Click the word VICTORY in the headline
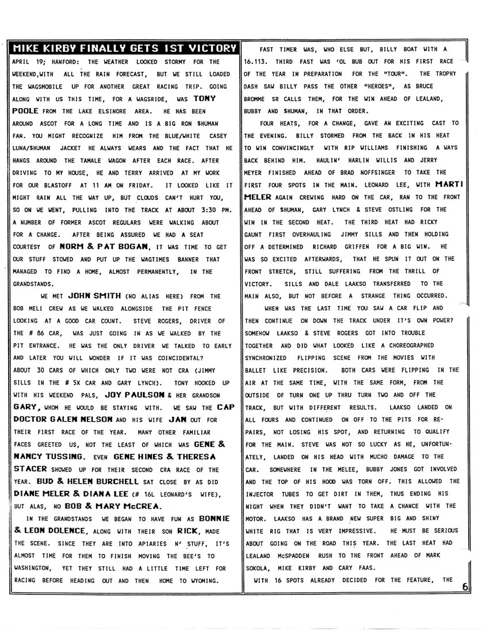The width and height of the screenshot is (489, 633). [x=209, y=48]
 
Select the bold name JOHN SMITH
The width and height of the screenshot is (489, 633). [x=94, y=296]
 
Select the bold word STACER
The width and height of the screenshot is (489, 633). [x=29, y=469]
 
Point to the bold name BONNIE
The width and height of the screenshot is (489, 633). [x=213, y=518]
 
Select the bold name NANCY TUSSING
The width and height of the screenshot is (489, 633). [x=49, y=457]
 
